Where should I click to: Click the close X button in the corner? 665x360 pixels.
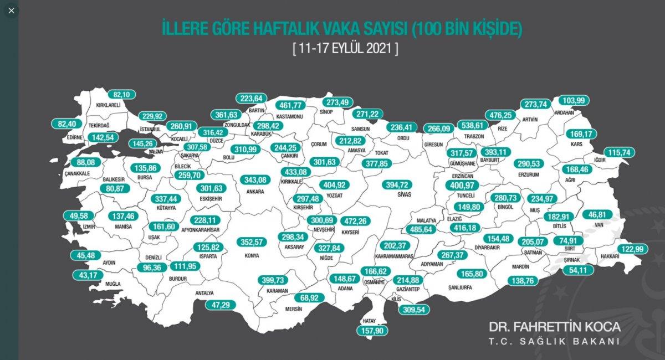coord(11,11)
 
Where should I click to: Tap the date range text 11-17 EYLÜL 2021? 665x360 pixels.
coord(345,48)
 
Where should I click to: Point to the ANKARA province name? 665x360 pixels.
coord(255,192)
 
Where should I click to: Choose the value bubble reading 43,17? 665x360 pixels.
coord(89,275)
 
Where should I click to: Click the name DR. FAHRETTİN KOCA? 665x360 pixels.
coord(554,326)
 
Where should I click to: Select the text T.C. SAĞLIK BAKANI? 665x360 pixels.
coord(554,342)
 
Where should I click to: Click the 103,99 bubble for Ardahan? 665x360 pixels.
coord(574,100)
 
